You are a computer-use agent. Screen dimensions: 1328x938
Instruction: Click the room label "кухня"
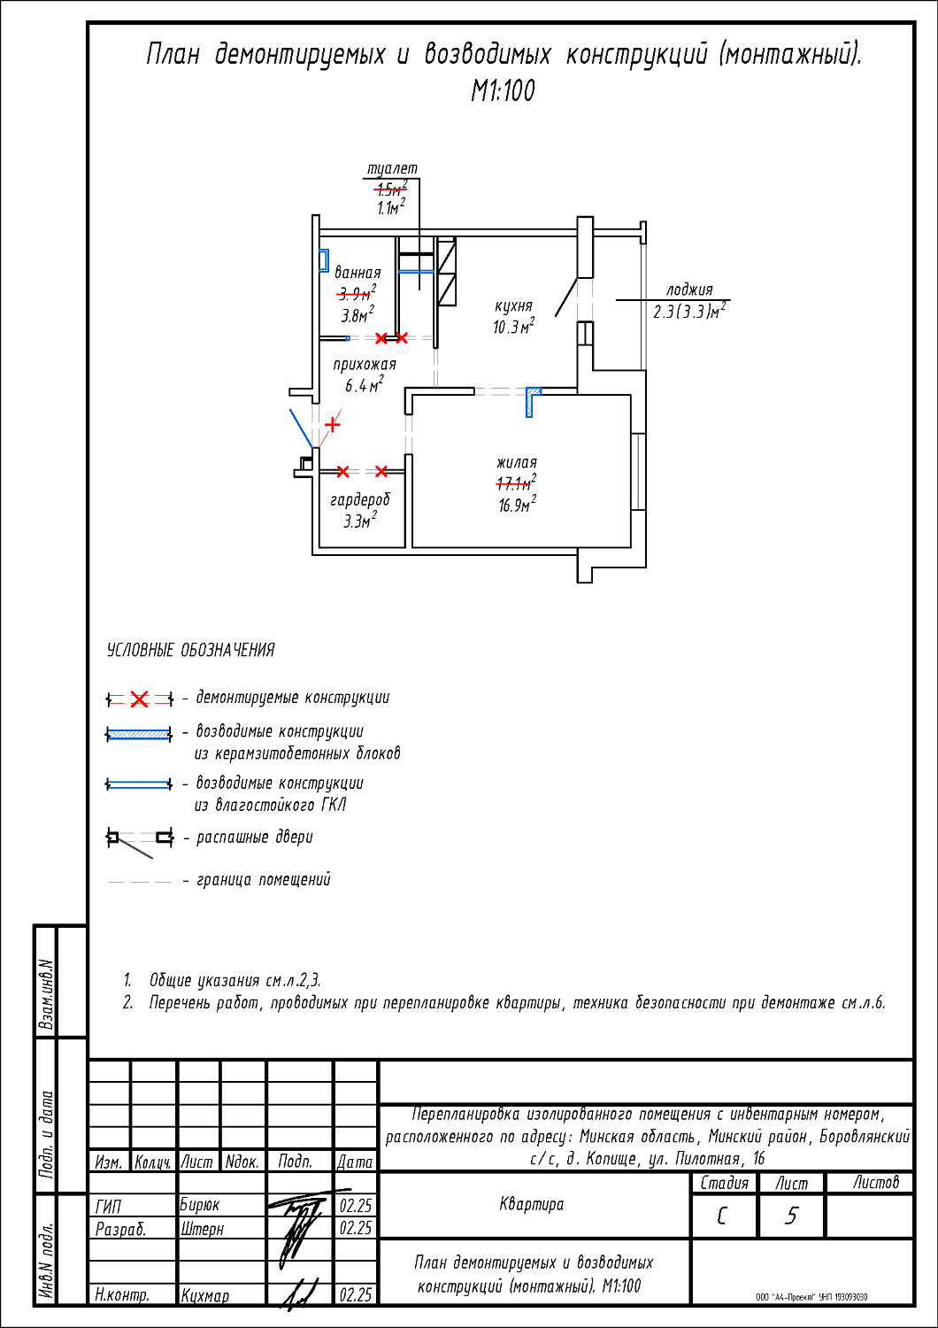[513, 306]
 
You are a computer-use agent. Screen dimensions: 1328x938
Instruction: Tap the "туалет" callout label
[392, 168]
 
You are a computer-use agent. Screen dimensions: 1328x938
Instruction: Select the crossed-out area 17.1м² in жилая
[516, 483]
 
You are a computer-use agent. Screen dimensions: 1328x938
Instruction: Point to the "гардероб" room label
[360, 500]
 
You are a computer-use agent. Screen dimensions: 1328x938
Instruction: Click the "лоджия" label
[689, 290]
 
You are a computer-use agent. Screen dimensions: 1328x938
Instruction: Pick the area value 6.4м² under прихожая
[364, 385]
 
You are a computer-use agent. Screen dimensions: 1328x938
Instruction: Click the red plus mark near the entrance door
[332, 424]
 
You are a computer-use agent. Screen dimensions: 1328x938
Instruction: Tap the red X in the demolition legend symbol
[139, 699]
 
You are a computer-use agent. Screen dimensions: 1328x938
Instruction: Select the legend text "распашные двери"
[254, 837]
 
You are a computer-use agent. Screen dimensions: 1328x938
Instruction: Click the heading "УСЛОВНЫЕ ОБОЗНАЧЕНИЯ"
[190, 650]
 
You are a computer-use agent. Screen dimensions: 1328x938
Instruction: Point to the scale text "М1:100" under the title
[503, 90]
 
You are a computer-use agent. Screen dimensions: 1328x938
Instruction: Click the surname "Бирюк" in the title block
[200, 1205]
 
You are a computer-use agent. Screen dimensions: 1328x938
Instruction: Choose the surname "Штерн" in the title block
[203, 1229]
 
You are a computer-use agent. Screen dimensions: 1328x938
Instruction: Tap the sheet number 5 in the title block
[791, 1216]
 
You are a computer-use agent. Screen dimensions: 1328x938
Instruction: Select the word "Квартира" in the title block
[532, 1204]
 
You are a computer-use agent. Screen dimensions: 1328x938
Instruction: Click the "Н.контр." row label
[122, 1294]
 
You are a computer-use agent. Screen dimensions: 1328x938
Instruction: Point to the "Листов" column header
[875, 1182]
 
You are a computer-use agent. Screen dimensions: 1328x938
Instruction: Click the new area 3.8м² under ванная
[358, 315]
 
